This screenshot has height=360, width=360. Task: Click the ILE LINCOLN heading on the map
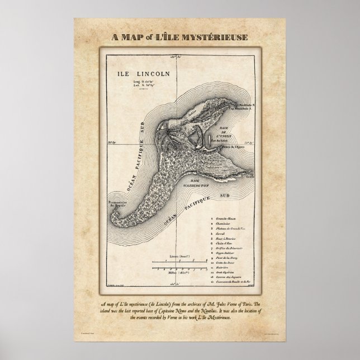138,73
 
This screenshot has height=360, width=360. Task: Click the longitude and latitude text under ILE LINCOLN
138,85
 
